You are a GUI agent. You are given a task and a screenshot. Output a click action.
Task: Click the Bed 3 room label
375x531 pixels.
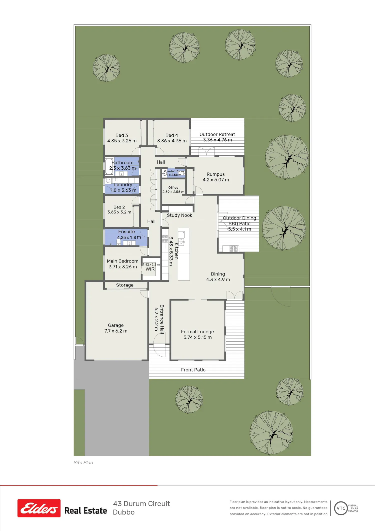pyautogui.click(x=122, y=135)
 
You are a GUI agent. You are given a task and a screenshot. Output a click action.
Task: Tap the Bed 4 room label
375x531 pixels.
pyautogui.click(x=172, y=135)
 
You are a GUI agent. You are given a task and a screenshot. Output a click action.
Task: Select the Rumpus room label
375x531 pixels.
pyautogui.click(x=215, y=174)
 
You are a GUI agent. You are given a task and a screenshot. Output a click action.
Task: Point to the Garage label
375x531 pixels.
pyautogui.click(x=116, y=325)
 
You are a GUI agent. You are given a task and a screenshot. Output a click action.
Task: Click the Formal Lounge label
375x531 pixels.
pyautogui.click(x=197, y=332)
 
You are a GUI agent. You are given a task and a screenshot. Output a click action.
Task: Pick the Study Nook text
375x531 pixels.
pyautogui.click(x=179, y=215)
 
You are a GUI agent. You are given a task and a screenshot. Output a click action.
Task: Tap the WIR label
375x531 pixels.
pyautogui.click(x=150, y=269)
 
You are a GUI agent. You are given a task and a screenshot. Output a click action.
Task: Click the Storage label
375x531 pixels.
pyautogui.click(x=125, y=285)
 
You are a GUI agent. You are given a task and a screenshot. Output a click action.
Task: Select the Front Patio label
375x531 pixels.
pyautogui.click(x=193, y=370)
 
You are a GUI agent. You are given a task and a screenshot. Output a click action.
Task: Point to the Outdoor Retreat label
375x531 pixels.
pyautogui.click(x=217, y=134)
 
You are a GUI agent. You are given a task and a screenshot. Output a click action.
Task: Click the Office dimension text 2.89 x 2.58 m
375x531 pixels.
pyautogui.click(x=173, y=192)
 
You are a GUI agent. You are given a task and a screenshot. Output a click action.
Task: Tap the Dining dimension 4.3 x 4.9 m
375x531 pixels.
pyautogui.click(x=218, y=280)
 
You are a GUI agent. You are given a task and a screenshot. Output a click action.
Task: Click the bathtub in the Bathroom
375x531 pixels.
pyautogui.click(x=109, y=166)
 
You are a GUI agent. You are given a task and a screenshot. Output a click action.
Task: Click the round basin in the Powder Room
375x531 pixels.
pyautogui.click(x=165, y=173)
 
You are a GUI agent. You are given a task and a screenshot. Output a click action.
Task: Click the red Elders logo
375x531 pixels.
pyautogui.click(x=39, y=508)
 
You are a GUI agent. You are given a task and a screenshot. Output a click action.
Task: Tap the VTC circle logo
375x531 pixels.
pyautogui.click(x=341, y=508)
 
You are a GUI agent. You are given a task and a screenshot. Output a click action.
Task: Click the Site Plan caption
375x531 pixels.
pyautogui.click(x=83, y=463)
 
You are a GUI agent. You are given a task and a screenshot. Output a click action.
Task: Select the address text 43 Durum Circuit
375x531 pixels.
pyautogui.click(x=141, y=504)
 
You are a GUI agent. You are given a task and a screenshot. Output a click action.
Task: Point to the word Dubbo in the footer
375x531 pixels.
pyautogui.click(x=124, y=512)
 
